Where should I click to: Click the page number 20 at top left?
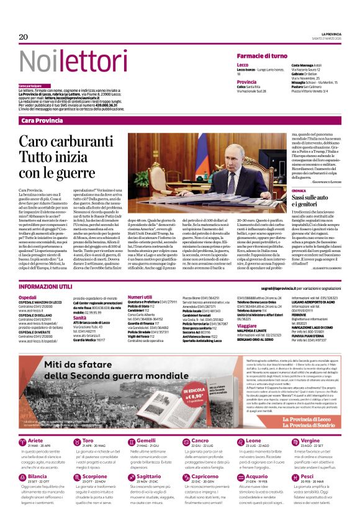(x=24, y=37)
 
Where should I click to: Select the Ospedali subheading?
(x=27, y=297)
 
